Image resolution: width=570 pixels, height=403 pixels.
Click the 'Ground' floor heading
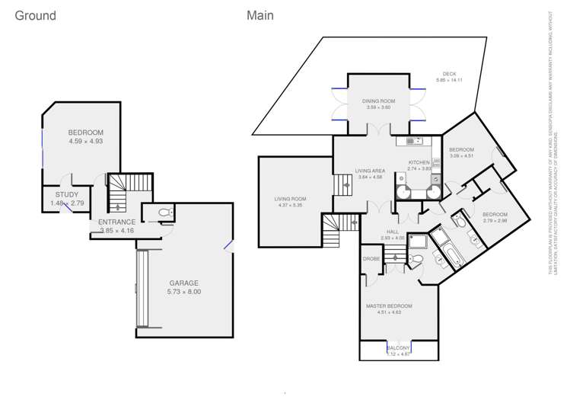click(x=35, y=16)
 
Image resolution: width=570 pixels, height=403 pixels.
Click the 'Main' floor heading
click(x=260, y=15)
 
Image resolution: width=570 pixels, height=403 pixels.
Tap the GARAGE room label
click(x=184, y=282)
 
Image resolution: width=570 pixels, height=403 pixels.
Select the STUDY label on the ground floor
click(x=68, y=195)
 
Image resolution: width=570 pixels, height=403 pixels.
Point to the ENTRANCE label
click(x=116, y=222)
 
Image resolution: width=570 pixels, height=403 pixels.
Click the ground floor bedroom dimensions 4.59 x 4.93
click(x=85, y=141)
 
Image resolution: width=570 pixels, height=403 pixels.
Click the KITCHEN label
click(x=419, y=162)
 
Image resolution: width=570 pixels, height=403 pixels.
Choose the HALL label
click(x=393, y=232)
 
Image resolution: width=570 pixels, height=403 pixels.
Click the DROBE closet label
click(x=371, y=259)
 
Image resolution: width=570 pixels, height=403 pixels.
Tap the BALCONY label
click(x=398, y=347)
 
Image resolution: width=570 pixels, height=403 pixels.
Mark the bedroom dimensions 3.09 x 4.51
click(x=461, y=156)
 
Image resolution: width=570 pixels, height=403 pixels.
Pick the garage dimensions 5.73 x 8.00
click(x=184, y=292)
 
